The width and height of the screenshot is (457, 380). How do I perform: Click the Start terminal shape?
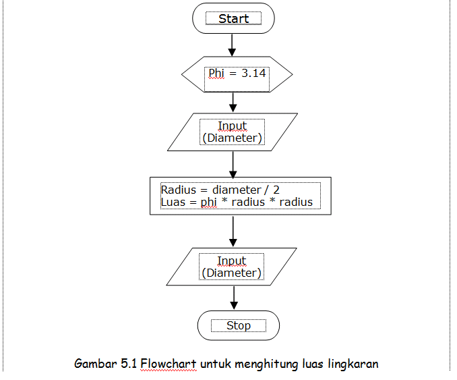(233, 19)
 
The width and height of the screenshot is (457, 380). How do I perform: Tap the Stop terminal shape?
(238, 325)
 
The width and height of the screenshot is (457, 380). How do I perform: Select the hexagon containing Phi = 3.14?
(237, 74)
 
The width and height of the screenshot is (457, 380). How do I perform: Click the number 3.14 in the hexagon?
(253, 73)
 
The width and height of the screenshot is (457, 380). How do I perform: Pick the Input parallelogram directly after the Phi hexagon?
(233, 132)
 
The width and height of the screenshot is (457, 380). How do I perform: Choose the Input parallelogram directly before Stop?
(232, 267)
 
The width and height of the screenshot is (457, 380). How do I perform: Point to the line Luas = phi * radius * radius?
(237, 202)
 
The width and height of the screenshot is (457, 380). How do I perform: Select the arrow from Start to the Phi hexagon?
(233, 45)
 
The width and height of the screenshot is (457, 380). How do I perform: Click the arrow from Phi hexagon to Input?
(233, 102)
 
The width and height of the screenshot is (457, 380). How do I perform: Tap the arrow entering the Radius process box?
(233, 163)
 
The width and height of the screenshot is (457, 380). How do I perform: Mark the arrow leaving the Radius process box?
(233, 231)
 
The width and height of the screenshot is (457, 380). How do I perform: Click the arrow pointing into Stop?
(233, 298)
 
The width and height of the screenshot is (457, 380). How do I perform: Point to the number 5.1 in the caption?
(129, 364)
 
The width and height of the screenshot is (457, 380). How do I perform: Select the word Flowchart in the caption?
(169, 364)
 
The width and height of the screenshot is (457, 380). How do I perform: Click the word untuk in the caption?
(215, 364)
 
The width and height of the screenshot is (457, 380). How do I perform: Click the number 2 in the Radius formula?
(276, 190)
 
